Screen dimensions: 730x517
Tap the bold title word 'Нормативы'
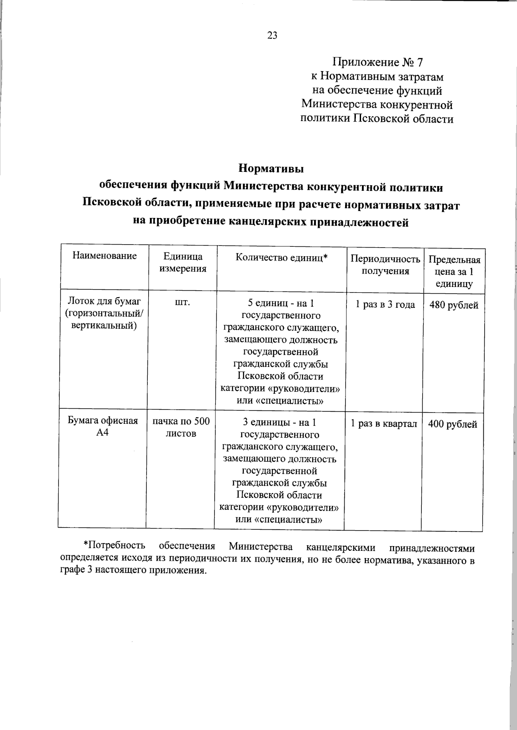click(271, 168)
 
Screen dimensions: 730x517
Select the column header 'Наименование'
click(105, 256)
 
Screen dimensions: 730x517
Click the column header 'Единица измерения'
click(183, 263)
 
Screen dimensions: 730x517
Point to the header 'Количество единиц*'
click(281, 258)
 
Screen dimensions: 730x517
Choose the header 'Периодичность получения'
click(385, 265)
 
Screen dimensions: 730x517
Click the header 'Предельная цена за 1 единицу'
click(454, 272)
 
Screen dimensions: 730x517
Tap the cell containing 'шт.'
click(182, 303)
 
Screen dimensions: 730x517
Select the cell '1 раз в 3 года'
click(385, 304)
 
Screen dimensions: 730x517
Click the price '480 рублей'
click(454, 305)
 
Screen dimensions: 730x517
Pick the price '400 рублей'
click(452, 424)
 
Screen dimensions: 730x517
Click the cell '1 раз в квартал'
click(383, 424)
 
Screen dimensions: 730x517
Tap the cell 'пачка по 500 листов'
click(181, 427)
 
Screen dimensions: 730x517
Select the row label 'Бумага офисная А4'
click(103, 426)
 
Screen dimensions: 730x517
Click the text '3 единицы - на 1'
click(280, 422)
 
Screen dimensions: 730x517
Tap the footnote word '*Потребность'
click(114, 546)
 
